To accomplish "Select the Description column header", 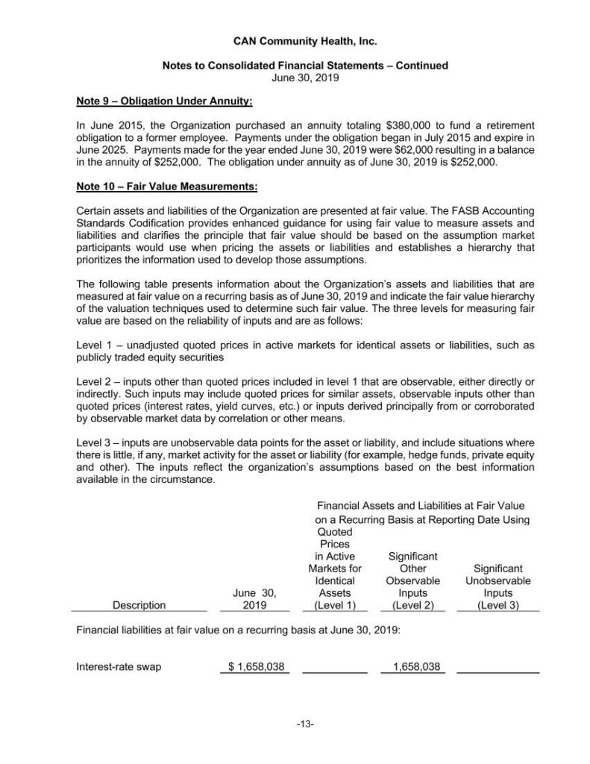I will click(139, 605).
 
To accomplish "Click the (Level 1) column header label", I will click(335, 605).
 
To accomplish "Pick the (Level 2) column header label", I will click(412, 605).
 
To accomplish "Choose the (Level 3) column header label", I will click(498, 605).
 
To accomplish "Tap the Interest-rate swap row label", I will click(119, 666).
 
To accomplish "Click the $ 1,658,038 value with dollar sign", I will click(256, 666).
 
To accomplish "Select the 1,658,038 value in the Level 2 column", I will click(415, 666).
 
